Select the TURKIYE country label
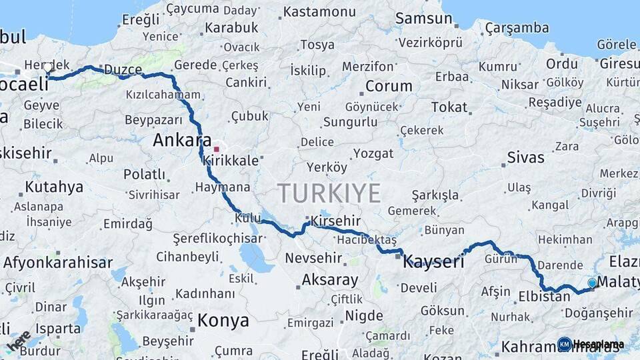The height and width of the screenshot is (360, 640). pos(329,193)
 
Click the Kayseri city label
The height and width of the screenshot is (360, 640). pos(433,261)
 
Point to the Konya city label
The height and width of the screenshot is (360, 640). pos(223,321)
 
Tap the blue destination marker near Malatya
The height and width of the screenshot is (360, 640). pos(592,283)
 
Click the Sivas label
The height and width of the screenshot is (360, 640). pos(525,158)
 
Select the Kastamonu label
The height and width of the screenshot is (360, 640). pos(319,12)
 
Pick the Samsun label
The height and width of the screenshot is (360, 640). pos(423,19)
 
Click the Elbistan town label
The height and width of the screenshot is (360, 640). pos(545,296)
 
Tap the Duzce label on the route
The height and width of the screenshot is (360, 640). pos(123,69)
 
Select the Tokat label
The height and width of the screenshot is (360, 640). pos(449,107)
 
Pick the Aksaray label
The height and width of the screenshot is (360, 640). pos(330,279)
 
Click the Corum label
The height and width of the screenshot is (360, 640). pos(389,86)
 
